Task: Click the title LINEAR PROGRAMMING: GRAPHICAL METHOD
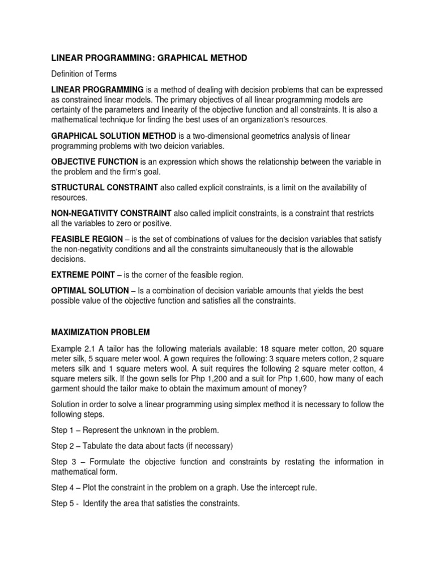pyautogui.click(x=149, y=58)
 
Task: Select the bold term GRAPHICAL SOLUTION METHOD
pyautogui.click(x=114, y=137)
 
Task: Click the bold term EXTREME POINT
pyautogui.click(x=83, y=275)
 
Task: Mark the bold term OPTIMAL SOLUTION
pyautogui.click(x=90, y=291)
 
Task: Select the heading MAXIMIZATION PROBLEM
pyautogui.click(x=100, y=332)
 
